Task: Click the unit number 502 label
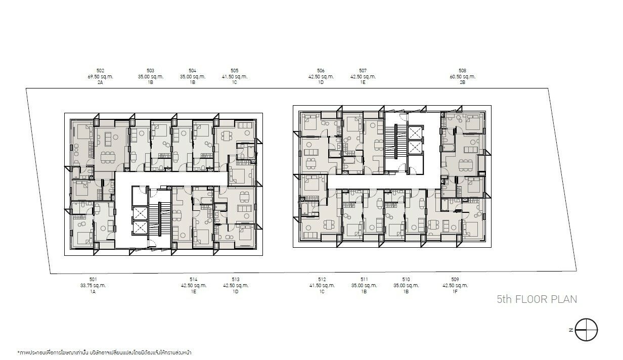(100, 71)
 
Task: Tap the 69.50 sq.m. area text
(101, 76)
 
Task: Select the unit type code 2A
(100, 82)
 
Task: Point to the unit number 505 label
(235, 71)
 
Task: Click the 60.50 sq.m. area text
(463, 76)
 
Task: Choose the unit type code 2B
(463, 82)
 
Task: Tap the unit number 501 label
(93, 279)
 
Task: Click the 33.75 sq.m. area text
(93, 285)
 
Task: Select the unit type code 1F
(455, 291)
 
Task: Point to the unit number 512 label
(322, 279)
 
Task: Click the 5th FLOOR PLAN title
(537, 299)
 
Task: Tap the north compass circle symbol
(586, 330)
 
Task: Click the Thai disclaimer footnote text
(104, 352)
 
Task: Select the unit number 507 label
(363, 71)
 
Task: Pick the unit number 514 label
(193, 279)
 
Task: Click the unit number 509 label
(455, 279)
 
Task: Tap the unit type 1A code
(93, 291)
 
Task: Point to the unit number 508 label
(463, 71)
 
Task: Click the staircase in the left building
(160, 219)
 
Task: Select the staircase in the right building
(396, 142)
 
